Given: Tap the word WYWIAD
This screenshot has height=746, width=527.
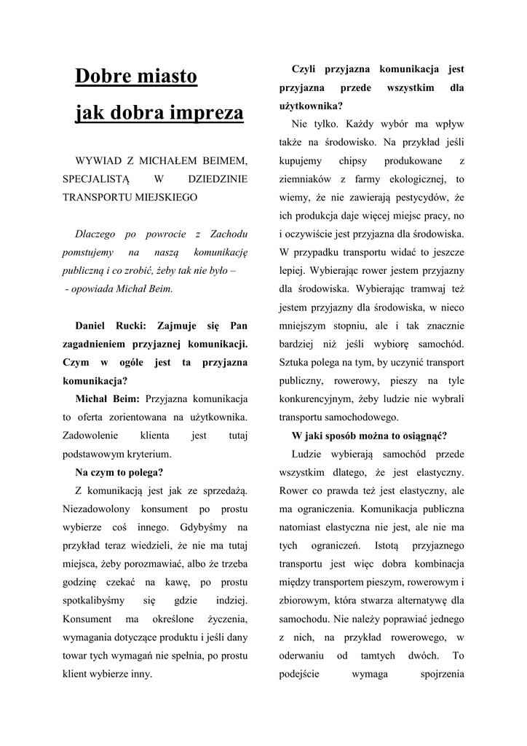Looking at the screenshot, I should pyautogui.click(x=100, y=159).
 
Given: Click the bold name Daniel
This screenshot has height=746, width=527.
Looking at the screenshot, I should pyautogui.click(x=95, y=326).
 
